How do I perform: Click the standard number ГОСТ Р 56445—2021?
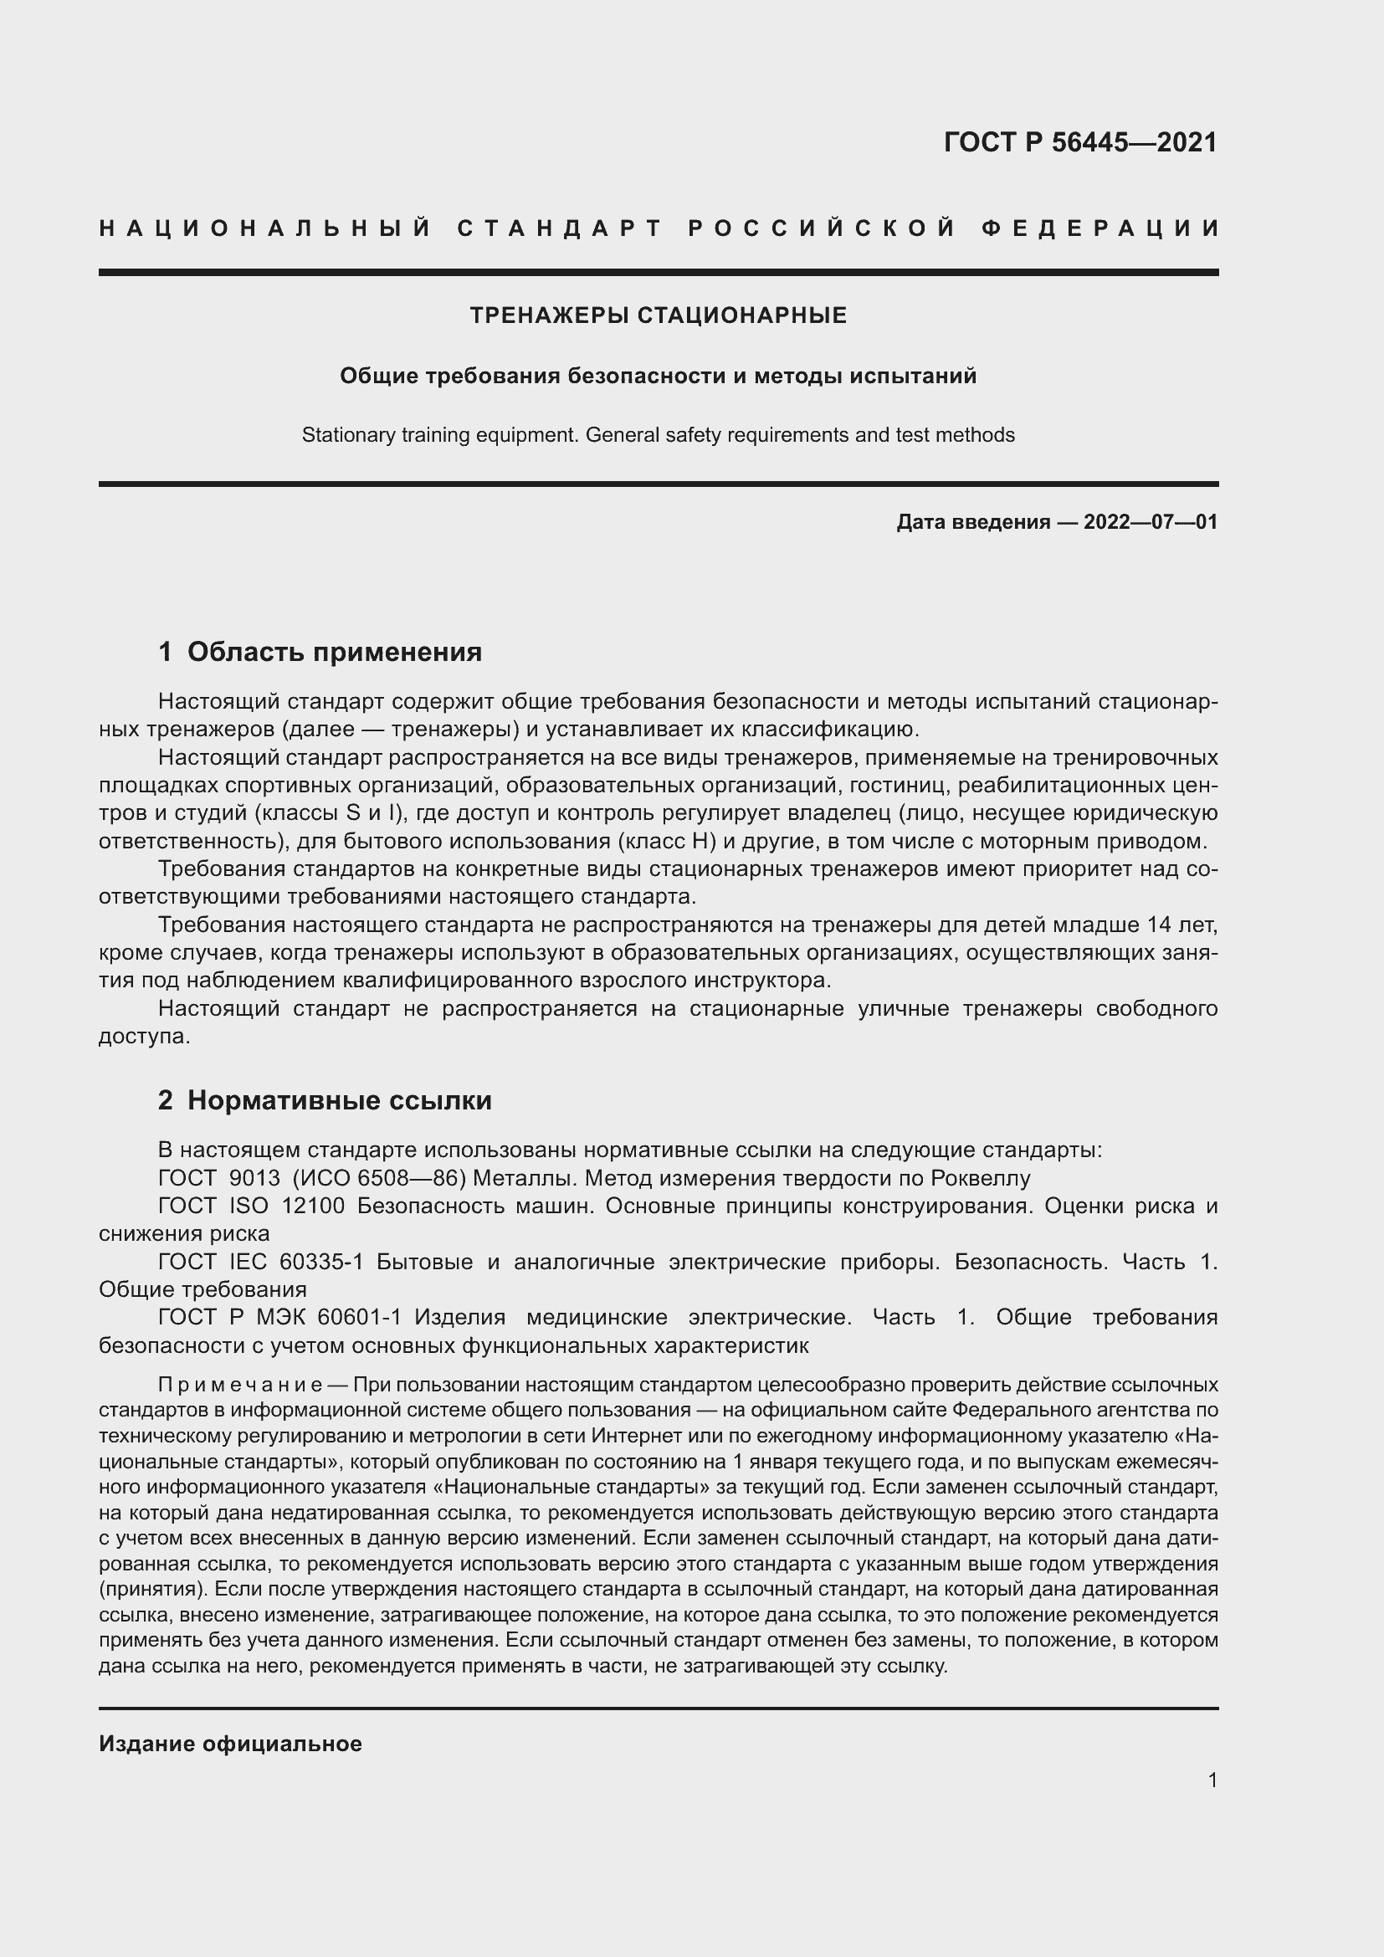tap(1079, 142)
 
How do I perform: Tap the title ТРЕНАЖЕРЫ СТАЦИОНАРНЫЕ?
tap(658, 316)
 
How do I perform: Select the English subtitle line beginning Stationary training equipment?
tap(658, 436)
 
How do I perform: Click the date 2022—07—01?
tap(1151, 521)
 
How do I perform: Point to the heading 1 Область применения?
tap(320, 652)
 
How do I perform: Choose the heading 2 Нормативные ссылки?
tap(325, 1100)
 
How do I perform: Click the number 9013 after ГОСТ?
tap(254, 1179)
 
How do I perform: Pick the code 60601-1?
tap(359, 1318)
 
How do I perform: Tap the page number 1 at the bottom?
tap(1212, 1780)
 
